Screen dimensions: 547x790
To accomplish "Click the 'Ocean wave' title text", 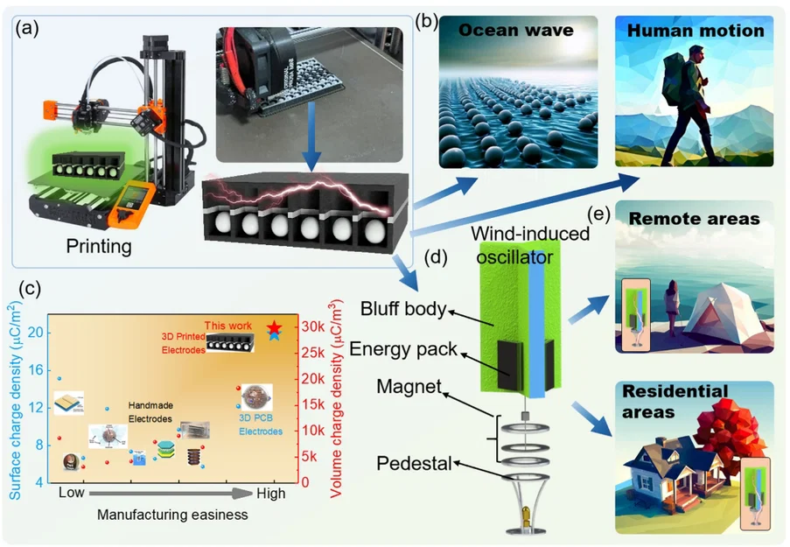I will tap(517, 31).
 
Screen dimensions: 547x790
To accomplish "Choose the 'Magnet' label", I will tap(404, 387).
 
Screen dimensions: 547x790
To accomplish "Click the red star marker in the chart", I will tap(274, 326).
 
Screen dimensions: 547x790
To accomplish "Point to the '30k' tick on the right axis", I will tap(313, 327).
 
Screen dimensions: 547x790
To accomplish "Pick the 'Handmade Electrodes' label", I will tap(154, 413).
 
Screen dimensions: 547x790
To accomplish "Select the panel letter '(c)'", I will tap(29, 289).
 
